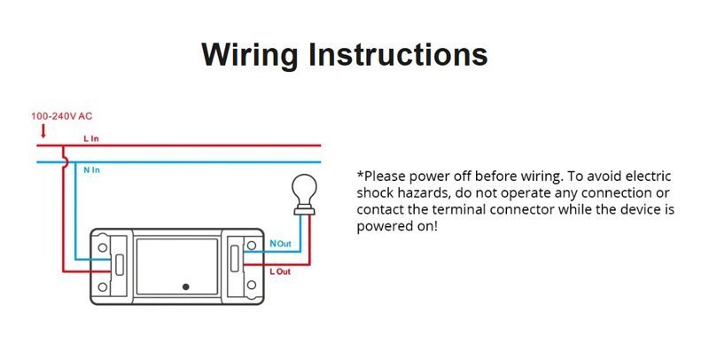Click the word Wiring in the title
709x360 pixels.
coord(250,55)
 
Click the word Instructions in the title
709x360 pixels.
coord(398,54)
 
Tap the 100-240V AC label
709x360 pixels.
coord(61,116)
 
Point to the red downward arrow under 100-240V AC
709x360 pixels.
coord(43,131)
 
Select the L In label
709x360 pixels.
coord(91,139)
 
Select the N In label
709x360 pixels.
coord(91,170)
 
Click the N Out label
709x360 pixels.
coord(280,244)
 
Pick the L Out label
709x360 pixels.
coord(280,271)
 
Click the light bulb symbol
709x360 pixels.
coord(304,194)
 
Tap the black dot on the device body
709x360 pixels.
coord(185,286)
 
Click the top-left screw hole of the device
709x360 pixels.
coord(103,247)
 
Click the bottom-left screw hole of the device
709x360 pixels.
coord(103,286)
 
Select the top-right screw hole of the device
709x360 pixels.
coord(252,246)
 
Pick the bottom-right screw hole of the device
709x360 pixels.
coord(252,285)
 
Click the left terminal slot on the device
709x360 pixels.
coord(120,265)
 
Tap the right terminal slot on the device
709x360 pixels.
coord(235,258)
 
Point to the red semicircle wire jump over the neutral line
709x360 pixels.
coord(66,162)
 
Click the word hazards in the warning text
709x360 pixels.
coord(424,193)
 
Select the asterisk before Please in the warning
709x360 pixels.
coord(361,174)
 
